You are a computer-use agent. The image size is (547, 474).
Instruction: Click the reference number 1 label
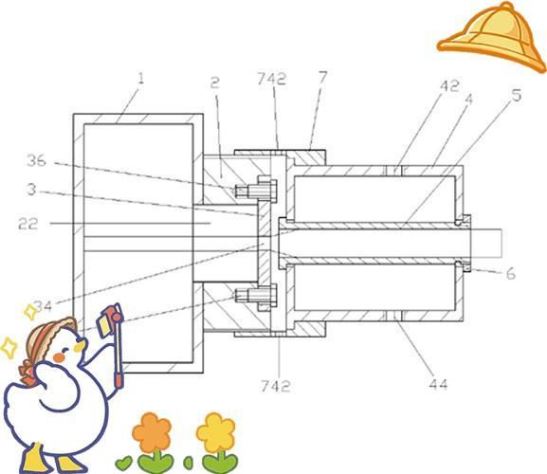point(140,79)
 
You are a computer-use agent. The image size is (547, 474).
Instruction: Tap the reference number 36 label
point(37,161)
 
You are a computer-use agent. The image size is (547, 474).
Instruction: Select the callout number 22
point(27,224)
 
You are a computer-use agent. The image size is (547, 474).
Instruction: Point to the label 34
point(43,306)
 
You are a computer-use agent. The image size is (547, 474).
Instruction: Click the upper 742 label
point(272,79)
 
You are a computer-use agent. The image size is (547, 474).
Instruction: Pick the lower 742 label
point(276,386)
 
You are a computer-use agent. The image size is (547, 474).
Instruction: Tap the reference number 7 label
point(323,78)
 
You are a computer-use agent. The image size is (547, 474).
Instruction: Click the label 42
point(449,86)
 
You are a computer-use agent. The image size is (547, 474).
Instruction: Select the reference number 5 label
point(517,95)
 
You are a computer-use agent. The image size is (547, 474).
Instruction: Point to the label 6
point(511,274)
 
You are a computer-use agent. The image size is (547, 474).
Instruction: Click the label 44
point(438,384)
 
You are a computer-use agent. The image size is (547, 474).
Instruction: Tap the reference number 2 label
point(215,82)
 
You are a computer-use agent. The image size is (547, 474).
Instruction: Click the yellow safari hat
point(492,37)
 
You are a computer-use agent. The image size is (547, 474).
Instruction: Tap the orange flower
point(152,432)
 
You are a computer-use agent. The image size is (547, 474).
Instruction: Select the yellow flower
point(216,432)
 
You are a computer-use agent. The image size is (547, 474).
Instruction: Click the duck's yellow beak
point(80,346)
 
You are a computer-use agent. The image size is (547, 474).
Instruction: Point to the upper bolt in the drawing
point(257,191)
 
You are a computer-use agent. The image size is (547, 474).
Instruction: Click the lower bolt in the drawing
point(257,297)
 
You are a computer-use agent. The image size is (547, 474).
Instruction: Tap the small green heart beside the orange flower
point(123,463)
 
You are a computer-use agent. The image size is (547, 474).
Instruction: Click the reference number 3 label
point(31,190)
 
